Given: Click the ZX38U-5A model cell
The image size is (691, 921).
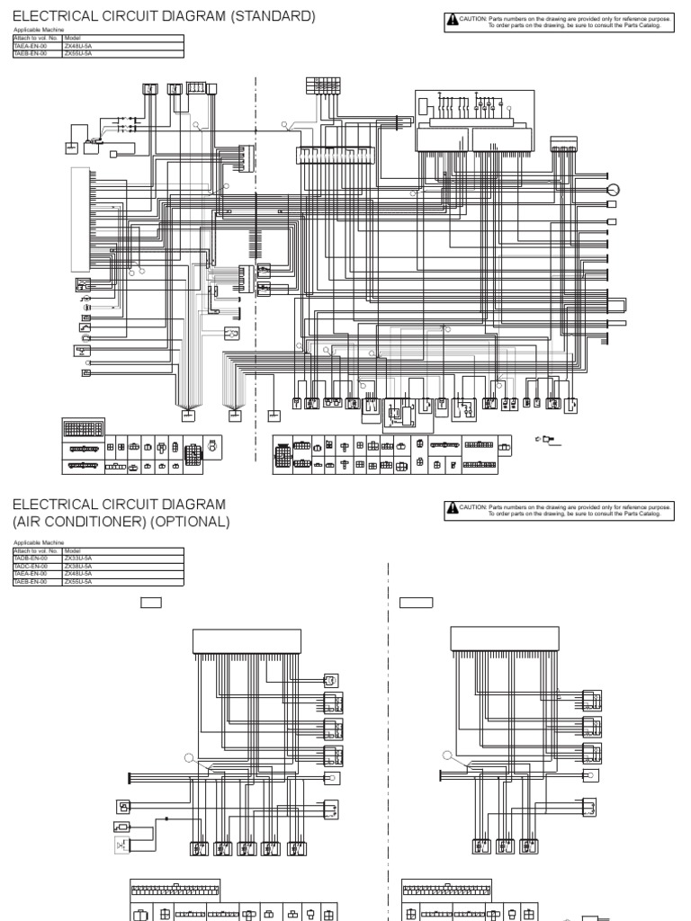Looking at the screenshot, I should pyautogui.click(x=78, y=566).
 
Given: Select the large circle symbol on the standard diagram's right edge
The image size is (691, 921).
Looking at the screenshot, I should pyautogui.click(x=614, y=190).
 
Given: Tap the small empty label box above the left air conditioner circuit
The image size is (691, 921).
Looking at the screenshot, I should pyautogui.click(x=150, y=603).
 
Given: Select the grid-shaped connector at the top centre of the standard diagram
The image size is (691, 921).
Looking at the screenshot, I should pyautogui.click(x=322, y=86).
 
